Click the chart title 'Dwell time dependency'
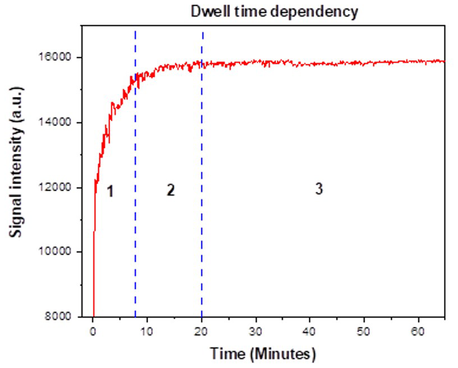click(274, 12)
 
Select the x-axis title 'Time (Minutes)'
click(263, 354)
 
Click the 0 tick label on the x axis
click(93, 331)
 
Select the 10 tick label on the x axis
click(147, 331)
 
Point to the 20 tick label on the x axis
click(201, 331)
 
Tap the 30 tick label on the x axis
click(256, 331)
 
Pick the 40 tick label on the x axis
click(310, 331)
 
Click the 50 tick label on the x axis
click(364, 331)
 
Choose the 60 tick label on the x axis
click(418, 331)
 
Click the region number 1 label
click(111, 192)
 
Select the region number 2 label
click(171, 190)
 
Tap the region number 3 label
click(319, 190)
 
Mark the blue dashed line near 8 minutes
click(136, 224)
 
